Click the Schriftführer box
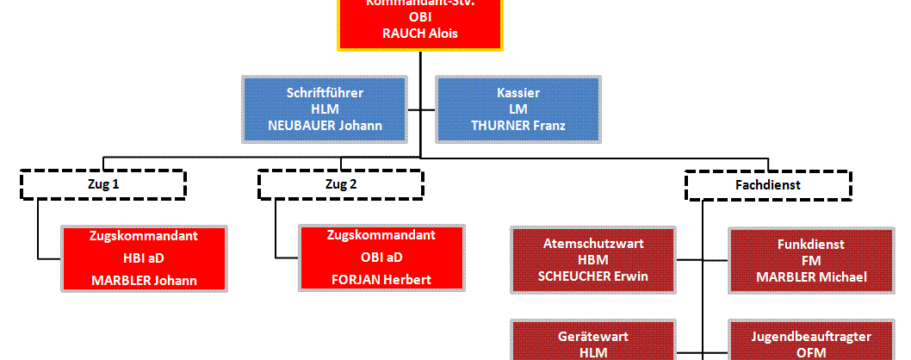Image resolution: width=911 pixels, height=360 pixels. click(324, 109)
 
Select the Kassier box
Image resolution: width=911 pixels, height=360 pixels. click(518, 109)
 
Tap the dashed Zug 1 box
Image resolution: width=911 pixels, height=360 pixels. click(102, 184)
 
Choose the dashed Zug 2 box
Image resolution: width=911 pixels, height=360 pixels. click(340, 184)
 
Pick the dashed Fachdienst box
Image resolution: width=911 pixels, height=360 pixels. click(768, 184)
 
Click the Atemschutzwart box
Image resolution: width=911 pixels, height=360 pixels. click(593, 259)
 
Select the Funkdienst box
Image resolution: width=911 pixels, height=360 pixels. click(810, 259)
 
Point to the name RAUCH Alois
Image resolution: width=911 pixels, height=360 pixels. click(419, 34)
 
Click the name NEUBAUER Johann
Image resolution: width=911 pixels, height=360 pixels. click(324, 126)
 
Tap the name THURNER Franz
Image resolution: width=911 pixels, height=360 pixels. click(518, 126)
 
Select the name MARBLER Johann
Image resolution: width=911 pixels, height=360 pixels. click(144, 280)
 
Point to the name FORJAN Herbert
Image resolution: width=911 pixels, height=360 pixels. click(381, 280)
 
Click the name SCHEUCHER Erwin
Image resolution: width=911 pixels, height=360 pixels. click(593, 276)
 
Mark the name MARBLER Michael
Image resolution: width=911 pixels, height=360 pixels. click(810, 276)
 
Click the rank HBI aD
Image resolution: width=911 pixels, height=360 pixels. click(144, 258)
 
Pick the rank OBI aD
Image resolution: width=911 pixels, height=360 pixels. click(381, 258)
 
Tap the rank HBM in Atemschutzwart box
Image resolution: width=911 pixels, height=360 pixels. click(593, 260)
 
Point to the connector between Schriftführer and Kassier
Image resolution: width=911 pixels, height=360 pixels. click(421, 109)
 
